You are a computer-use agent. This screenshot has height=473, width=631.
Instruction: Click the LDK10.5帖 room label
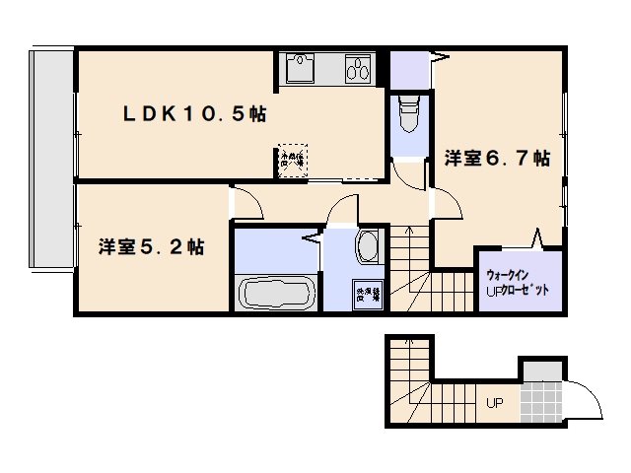pyautogui.click(x=193, y=114)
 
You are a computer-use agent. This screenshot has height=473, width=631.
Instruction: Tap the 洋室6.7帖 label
pyautogui.click(x=496, y=158)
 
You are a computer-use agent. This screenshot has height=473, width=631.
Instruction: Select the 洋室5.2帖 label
pyautogui.click(x=151, y=246)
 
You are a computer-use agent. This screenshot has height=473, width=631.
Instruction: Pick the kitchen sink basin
pyautogui.click(x=300, y=69)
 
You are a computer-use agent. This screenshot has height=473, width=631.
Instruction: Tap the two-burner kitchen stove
pyautogui.click(x=357, y=69)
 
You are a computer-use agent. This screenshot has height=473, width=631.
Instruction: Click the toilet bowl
pyautogui.click(x=407, y=117)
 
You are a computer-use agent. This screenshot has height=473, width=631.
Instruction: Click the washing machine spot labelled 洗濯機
pyautogui.click(x=366, y=293)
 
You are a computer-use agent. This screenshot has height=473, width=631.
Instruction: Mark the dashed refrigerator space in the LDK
pyautogui.click(x=293, y=160)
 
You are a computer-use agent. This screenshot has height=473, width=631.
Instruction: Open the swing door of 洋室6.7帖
pyautogui.click(x=449, y=206)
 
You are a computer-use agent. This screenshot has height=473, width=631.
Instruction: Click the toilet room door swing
pyautogui.click(x=407, y=172)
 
